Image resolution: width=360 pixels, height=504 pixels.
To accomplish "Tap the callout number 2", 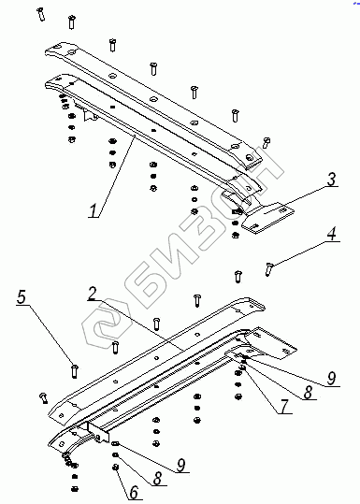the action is pos(93,294).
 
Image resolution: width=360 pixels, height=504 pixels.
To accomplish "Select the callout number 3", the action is pos(331,180).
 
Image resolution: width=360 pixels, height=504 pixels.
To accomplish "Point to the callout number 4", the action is pos(332,234).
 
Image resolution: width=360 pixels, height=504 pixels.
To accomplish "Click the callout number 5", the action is pos(22,297).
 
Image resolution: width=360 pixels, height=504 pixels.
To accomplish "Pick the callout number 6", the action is pos(134,492).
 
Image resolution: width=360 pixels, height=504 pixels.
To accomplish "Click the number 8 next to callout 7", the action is pos(308,392).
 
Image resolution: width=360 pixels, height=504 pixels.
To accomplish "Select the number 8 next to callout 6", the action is pos(157,478).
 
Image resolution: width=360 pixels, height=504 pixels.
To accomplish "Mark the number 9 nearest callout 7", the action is pos(331,379).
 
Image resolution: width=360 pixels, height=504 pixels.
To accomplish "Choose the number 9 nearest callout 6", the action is pos(181,465).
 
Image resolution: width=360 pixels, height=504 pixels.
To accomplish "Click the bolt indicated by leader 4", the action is pos(268,268).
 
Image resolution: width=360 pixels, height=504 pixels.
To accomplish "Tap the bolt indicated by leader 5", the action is pos(74,371).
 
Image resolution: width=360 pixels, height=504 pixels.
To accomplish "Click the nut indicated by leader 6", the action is pos(115,467).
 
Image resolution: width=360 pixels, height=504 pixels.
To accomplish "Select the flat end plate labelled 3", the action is pos(267,217).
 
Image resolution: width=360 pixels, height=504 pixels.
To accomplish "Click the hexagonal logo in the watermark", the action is pos(107,324).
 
